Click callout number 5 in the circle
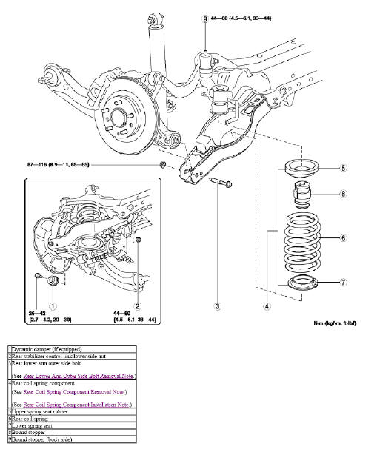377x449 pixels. click(x=344, y=169)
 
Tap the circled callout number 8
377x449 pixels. click(x=344, y=195)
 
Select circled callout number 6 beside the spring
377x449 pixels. click(x=344, y=237)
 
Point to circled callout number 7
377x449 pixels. click(x=344, y=282)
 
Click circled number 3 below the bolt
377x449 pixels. click(x=218, y=306)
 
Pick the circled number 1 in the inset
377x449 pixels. click(x=53, y=305)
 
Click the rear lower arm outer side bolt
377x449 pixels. click(x=221, y=182)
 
